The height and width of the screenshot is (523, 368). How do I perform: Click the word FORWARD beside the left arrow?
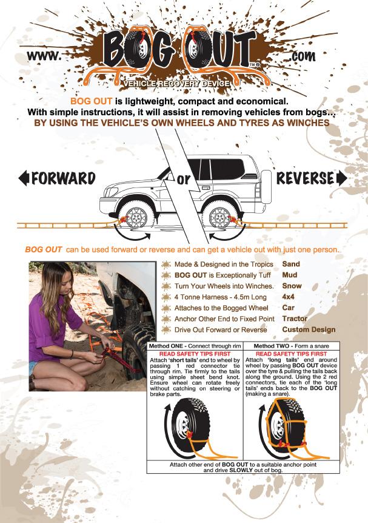(x=63, y=178)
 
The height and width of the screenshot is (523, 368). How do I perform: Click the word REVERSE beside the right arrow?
(x=305, y=178)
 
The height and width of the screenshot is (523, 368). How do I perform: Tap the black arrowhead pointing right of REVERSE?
(x=342, y=178)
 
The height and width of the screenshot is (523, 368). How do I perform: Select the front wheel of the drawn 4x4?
(x=136, y=217)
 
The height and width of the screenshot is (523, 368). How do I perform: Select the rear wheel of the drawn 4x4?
(x=219, y=217)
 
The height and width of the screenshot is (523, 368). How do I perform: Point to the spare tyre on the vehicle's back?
(x=266, y=186)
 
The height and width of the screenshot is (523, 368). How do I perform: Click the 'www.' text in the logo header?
(x=44, y=56)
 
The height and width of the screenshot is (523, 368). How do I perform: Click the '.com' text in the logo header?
(x=302, y=56)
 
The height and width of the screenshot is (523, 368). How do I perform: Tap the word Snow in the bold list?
(x=292, y=286)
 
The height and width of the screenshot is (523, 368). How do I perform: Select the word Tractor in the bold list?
(x=295, y=319)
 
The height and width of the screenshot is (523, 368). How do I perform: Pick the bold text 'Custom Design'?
(x=309, y=329)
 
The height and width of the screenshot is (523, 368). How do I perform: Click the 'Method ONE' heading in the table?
(x=166, y=346)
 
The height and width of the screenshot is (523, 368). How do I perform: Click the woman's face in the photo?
(x=65, y=283)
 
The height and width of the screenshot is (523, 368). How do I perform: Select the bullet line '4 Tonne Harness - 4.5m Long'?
(x=220, y=297)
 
